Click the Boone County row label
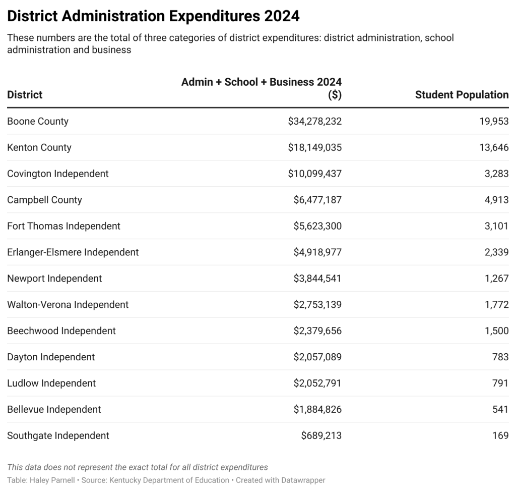pos(38,121)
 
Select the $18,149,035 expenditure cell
pos(315,147)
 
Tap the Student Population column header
pos(462,95)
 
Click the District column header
pos(25,95)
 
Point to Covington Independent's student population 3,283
pos(496,174)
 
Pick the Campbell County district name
pos(44,200)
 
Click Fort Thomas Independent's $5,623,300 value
pos(317,226)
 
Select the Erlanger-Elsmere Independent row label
pos(73,252)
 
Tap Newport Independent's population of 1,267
pos(496,279)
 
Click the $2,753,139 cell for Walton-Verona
pos(317,305)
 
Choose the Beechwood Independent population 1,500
pos(496,331)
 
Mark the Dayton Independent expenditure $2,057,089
pos(317,357)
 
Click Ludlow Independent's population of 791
pos(500,383)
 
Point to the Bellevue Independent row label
pos(54,410)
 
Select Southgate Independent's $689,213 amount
pos(321,435)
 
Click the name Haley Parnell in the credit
pos(52,480)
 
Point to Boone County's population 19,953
pos(494,121)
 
